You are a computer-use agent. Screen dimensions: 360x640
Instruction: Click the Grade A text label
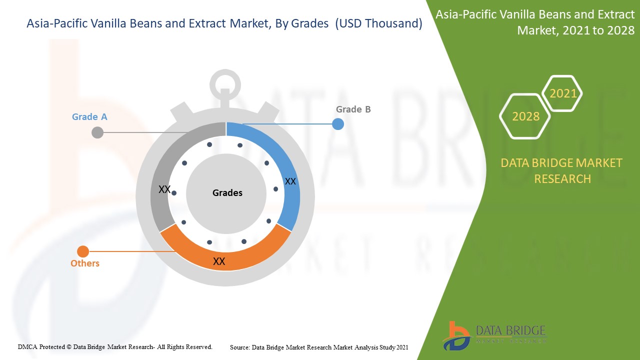[x=89, y=116]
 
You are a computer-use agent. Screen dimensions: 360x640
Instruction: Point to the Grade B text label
[x=353, y=109]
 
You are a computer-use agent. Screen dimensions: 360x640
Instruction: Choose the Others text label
[x=85, y=263]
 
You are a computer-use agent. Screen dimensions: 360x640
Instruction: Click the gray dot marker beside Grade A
[x=97, y=132]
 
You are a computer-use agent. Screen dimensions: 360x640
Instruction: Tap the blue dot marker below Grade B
[x=338, y=123]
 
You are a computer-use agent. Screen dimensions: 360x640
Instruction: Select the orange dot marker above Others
[x=83, y=251]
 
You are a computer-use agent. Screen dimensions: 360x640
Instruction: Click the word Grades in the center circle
[x=227, y=192]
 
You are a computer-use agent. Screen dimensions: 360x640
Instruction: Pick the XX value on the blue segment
[x=290, y=181]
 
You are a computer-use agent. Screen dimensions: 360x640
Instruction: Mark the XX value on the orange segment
[x=219, y=261]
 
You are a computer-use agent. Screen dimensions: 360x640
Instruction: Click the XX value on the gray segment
[x=164, y=189]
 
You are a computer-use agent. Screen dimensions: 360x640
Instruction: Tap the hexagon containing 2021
[x=562, y=93]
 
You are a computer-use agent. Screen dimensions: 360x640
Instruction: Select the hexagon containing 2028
[x=525, y=116]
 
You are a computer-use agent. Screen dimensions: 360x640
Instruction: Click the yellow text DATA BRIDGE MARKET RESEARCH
[x=561, y=170]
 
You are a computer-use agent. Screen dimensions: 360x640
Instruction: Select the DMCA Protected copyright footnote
[x=115, y=346]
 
